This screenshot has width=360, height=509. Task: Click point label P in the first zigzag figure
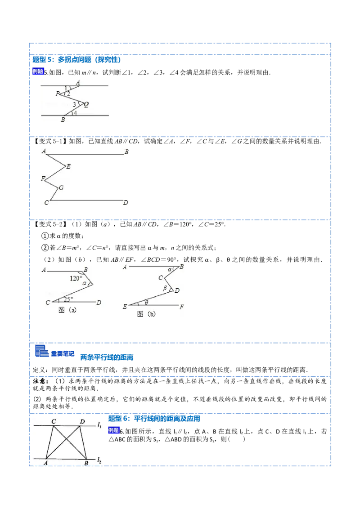57,94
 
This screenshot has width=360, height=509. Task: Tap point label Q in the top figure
86,104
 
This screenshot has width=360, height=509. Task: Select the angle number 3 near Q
75,104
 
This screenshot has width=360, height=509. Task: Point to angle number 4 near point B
75,113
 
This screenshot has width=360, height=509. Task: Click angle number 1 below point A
66,88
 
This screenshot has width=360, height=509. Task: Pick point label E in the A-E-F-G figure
68,166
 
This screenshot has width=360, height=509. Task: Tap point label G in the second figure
61,187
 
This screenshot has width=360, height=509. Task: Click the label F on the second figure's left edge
43,179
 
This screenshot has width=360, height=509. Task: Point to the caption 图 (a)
67,310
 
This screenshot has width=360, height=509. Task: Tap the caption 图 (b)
146,314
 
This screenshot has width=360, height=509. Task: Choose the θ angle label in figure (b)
146,302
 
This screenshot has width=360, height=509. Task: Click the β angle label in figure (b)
165,288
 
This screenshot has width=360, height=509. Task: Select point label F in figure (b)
182,307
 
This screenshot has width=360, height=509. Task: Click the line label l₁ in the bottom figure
99,424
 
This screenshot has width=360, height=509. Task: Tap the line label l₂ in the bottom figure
99,460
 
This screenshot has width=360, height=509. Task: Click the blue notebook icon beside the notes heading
41,351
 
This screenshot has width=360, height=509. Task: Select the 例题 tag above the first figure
38,71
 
